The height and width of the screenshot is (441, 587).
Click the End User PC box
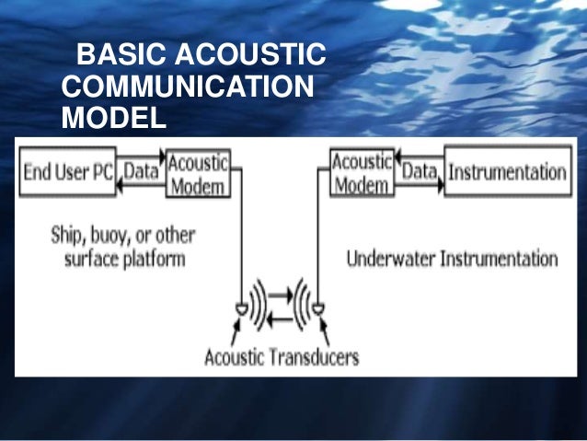click(x=67, y=172)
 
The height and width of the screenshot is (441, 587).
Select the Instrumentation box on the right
click(x=505, y=172)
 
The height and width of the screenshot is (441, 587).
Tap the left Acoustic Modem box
click(x=197, y=172)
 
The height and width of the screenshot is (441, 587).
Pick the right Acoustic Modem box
click(x=361, y=172)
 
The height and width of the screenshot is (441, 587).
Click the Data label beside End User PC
click(x=141, y=170)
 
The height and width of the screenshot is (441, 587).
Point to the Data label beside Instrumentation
click(x=419, y=170)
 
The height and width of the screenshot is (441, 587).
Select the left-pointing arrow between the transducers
click(x=281, y=318)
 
